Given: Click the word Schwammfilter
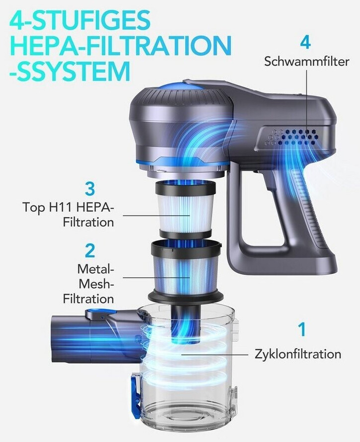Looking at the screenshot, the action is [x=307, y=62].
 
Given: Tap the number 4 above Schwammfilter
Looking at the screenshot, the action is [x=305, y=43].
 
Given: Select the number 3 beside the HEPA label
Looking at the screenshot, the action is [x=90, y=189].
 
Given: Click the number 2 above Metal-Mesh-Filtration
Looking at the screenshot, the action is [x=90, y=251].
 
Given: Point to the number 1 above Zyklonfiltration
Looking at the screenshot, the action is [x=302, y=329].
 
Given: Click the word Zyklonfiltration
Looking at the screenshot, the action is [x=298, y=354].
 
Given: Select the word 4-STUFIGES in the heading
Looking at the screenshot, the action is [x=79, y=20].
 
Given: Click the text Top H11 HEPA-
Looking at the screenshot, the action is [x=69, y=207].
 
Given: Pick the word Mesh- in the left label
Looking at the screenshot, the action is [x=96, y=284].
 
